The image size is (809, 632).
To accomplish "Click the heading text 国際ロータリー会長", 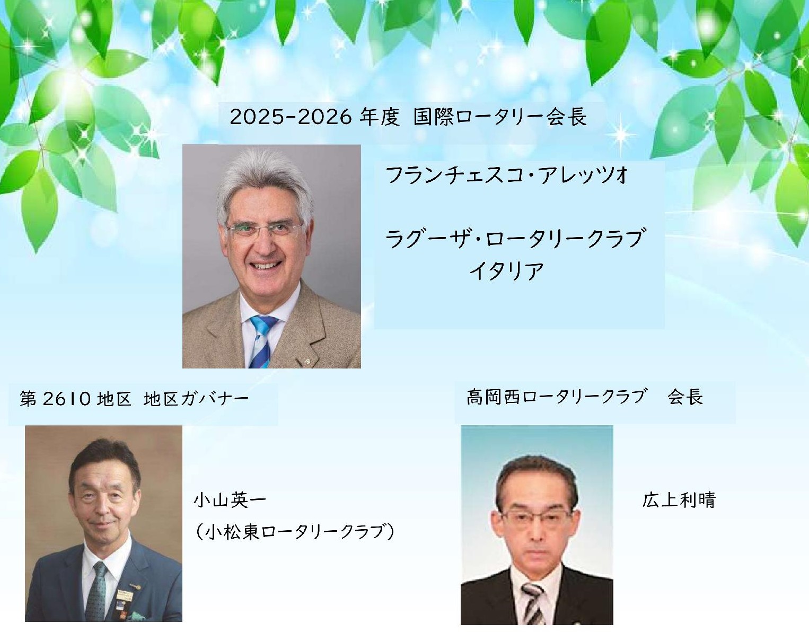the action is (500, 117).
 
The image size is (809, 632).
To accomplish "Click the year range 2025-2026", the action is (291, 117).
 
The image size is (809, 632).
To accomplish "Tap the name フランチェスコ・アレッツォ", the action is (507, 175).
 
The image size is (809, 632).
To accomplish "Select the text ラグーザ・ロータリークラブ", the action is (515, 239).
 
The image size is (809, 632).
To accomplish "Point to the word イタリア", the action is (506, 271).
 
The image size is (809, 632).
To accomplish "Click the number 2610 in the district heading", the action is (66, 399).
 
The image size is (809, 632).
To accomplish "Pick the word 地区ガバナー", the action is (196, 399).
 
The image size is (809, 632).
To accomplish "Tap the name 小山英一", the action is (230, 500).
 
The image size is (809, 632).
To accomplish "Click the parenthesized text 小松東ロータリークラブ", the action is (294, 532).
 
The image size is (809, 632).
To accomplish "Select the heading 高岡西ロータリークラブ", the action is (556, 397).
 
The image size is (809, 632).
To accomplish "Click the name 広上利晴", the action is (679, 500).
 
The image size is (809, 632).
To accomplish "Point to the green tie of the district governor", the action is (96, 591).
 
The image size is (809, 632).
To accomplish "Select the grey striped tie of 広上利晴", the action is (533, 603).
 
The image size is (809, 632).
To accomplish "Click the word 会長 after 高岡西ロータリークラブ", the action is (685, 397).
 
